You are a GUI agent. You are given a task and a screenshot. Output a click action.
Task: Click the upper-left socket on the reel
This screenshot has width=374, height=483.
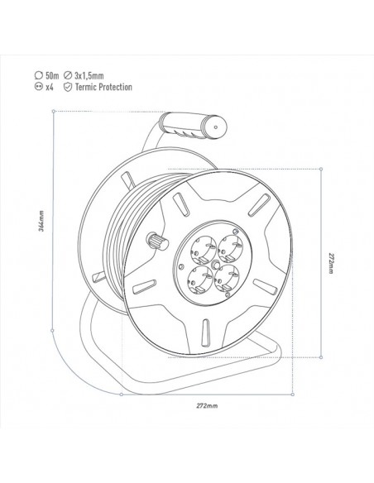[x=201, y=246]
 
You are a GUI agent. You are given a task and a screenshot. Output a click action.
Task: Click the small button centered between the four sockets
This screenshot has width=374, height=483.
[x=214, y=264]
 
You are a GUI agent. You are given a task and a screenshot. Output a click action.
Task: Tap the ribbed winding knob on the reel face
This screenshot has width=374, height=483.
[x=155, y=241]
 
